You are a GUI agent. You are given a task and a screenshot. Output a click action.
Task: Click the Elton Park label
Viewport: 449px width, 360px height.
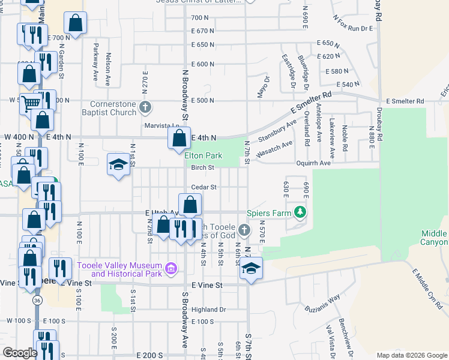(x=203, y=155)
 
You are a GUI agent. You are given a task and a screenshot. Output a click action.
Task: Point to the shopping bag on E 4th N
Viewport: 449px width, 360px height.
(x=179, y=139)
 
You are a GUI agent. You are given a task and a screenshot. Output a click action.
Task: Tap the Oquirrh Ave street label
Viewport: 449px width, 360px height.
(x=313, y=163)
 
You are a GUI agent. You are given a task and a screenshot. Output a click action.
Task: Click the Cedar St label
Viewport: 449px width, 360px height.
(x=203, y=187)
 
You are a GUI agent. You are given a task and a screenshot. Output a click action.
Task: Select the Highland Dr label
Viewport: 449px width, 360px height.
(x=208, y=310)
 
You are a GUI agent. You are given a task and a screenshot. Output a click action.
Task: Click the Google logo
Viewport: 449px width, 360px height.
(x=20, y=352)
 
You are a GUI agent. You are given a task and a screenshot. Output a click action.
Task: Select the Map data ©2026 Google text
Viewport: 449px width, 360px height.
(x=411, y=355)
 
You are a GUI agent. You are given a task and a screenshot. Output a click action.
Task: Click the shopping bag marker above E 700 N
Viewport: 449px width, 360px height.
(x=77, y=23)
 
